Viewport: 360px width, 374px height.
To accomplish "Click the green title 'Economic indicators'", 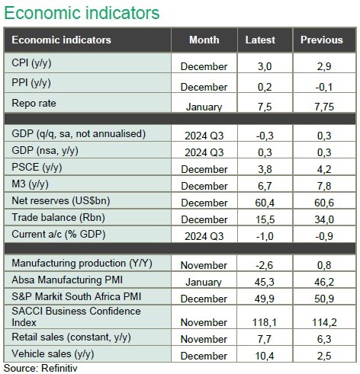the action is coord(82,13).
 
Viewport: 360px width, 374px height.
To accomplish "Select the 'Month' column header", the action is coord(204,40).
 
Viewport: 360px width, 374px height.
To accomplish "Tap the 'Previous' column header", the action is coord(322,40).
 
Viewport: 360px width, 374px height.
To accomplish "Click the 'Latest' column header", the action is coord(260,40).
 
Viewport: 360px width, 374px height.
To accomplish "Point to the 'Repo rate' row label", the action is coord(34,104).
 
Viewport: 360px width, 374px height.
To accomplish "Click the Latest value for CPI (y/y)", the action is coord(265,66).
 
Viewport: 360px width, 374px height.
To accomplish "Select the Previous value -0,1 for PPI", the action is coord(324,87).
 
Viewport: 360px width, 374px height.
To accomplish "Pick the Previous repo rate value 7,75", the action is coord(324,107).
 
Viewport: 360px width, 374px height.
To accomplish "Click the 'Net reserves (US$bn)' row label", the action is coord(61,201).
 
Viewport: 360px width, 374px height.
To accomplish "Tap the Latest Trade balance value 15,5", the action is coord(265,219).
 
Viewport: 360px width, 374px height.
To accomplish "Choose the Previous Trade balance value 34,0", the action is coord(324,219).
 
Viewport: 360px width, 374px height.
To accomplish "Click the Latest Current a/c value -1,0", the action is coord(265,236).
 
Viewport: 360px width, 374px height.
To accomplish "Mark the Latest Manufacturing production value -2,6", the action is coord(265,265).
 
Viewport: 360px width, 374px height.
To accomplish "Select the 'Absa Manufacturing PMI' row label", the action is coord(67,280).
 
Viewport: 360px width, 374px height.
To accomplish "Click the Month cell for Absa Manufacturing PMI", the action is coord(204,282).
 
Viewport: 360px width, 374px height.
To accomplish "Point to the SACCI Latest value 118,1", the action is coord(264,322).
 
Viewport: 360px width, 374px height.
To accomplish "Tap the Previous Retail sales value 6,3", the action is coord(324,339).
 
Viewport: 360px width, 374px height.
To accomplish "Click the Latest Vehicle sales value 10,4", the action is coord(265,356).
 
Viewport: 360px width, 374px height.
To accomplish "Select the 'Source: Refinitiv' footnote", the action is coord(40,368).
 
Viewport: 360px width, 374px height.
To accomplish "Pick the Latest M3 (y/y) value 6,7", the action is coord(265,186).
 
